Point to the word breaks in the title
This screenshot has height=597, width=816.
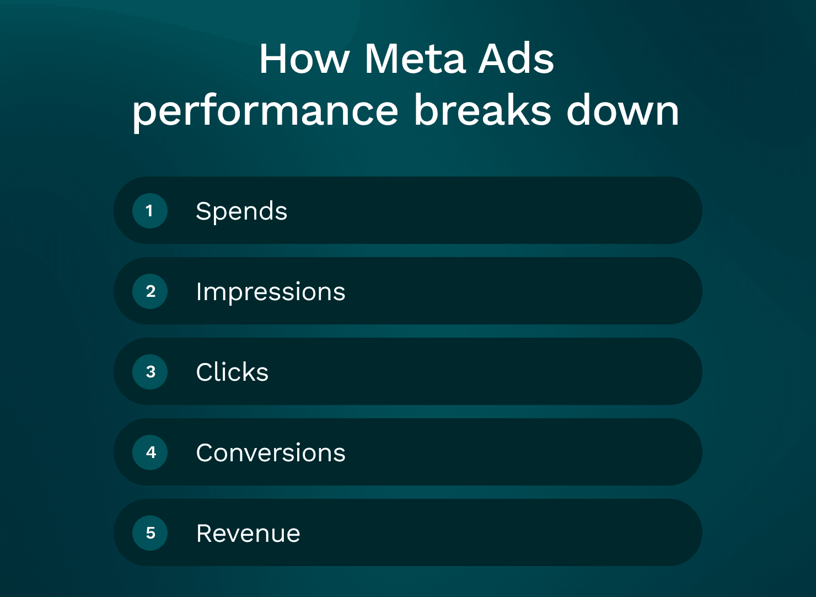482,110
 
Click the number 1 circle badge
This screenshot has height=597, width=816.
150,211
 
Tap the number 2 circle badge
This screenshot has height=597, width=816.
150,291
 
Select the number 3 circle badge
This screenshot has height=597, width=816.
150,372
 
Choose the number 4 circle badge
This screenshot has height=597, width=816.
150,452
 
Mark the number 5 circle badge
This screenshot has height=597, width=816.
150,533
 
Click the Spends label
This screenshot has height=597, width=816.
241,211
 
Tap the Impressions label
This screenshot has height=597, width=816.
270,292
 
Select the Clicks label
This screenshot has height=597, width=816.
232,372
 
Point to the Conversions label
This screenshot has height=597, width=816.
271,453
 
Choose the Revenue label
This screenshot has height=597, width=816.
248,534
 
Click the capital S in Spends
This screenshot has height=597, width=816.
203,211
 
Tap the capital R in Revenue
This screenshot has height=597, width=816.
205,534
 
